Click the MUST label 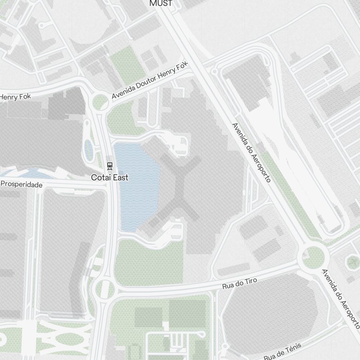(x=161, y=4)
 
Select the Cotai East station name (x=109, y=177)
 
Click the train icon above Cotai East (x=109, y=166)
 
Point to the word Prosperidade (x=22, y=184)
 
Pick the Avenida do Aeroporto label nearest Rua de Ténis (x=341, y=299)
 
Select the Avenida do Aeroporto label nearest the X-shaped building (x=251, y=152)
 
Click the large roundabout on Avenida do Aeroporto (x=313, y=257)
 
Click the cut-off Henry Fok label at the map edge (x=15, y=97)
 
